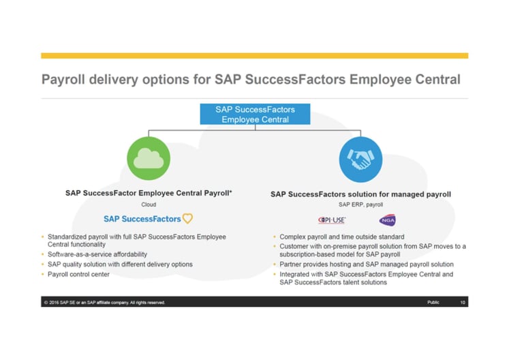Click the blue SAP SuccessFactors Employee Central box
tap(255, 114)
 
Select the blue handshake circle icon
tap(360, 158)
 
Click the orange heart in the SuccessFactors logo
tap(187, 219)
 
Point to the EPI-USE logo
tap(333, 220)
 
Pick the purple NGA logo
tap(386, 220)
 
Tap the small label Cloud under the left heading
tap(149, 204)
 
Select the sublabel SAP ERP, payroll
tap(360, 204)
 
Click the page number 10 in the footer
tap(463, 302)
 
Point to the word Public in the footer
tap(433, 302)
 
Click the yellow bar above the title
tap(254, 55)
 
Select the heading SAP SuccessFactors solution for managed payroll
tap(360, 194)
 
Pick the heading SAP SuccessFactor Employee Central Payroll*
tap(149, 194)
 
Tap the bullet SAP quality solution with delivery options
tap(120, 264)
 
